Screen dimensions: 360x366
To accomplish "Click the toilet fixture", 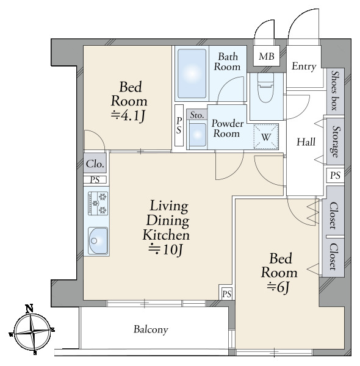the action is coord(265,87).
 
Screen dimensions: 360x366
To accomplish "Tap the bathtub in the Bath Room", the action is coord(192,74).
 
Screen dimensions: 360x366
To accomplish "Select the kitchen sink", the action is coord(98,241).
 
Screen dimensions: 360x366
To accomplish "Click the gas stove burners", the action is coord(98,203).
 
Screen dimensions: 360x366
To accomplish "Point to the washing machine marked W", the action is coord(266,137).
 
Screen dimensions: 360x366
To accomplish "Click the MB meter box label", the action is coord(267,56).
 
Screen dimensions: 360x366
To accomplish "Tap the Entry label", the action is coord(304,66).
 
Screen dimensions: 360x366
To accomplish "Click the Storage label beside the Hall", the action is coord(336,142).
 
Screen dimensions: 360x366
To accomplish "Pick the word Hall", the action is coord(306,142).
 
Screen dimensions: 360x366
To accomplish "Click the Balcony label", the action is coord(151,329).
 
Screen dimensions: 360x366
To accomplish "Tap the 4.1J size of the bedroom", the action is coord(128,116).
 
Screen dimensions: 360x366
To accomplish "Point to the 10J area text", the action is coord(165,250).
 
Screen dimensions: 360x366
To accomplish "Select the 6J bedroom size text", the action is coord(278,287).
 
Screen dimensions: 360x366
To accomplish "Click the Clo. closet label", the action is coord(95,164).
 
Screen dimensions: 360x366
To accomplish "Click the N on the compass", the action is coord(29,309).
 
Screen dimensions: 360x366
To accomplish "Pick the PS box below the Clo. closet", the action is coord(95,180).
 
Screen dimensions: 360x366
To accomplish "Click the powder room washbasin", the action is coord(198,135).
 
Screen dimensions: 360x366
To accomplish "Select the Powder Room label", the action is coord(227,128).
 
